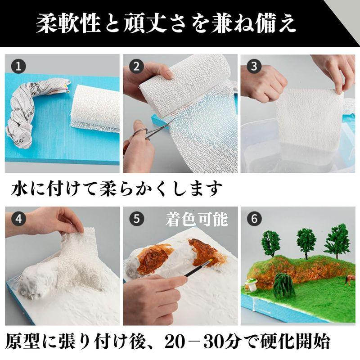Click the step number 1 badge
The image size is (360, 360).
[18, 67]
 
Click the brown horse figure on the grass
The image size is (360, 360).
[349, 280]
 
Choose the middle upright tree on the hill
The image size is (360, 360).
[306, 241]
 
